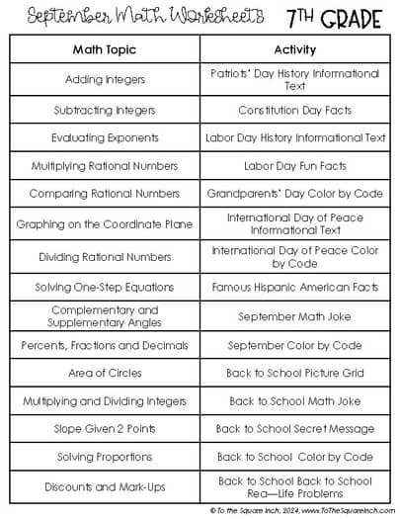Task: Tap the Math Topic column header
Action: pyautogui.click(x=104, y=48)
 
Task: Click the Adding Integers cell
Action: pyautogui.click(x=104, y=79)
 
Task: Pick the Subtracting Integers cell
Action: pyautogui.click(x=104, y=110)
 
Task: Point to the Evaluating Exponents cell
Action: pyautogui.click(x=104, y=138)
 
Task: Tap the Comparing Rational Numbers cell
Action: pyautogui.click(x=104, y=194)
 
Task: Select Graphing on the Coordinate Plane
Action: pyautogui.click(x=104, y=224)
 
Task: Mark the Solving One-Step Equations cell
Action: pyautogui.click(x=104, y=288)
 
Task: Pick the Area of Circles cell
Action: pyautogui.click(x=104, y=373)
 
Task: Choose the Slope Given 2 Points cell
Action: pyautogui.click(x=104, y=429)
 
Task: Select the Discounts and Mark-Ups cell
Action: pyautogui.click(x=104, y=486)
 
